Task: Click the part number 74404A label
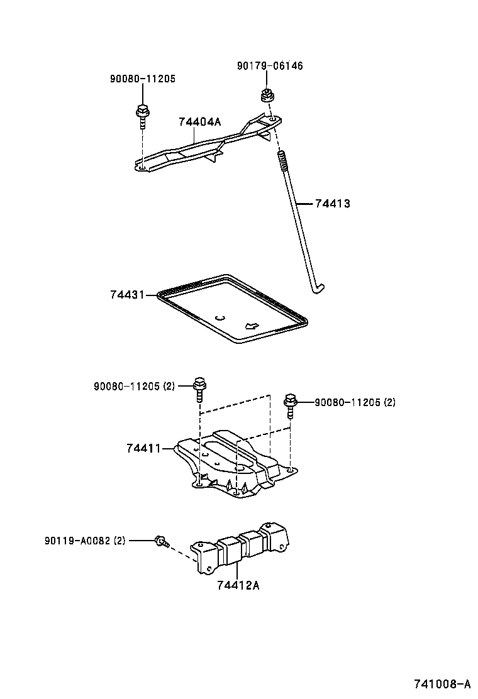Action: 200,121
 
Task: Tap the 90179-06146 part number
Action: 270,65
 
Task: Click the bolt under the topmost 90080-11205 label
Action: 142,114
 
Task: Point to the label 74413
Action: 332,204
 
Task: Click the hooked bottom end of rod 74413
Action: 318,289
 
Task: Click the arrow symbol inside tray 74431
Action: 251,326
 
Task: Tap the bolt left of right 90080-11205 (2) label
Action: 290,404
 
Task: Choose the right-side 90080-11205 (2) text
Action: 355,402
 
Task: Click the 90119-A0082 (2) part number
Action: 85,540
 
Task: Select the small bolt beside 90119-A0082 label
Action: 160,540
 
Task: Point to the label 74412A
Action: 238,585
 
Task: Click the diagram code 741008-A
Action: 442,684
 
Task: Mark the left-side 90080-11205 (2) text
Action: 135,386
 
